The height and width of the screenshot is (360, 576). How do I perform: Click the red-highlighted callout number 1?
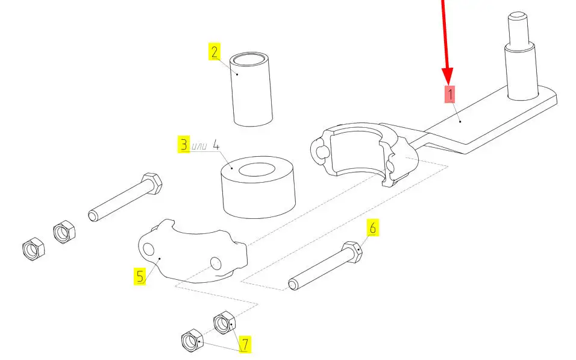tap(449, 94)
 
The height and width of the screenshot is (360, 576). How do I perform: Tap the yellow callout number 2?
tap(214, 51)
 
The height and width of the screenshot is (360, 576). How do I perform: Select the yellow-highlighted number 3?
tap(184, 144)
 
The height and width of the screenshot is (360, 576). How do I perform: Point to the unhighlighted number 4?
tap(216, 145)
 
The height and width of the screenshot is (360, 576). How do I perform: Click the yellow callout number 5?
tap(140, 276)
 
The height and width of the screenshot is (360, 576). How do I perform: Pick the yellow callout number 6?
tap(372, 227)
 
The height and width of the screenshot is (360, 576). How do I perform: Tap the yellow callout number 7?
tap(245, 344)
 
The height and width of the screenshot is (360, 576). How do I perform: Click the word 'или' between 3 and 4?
tap(200, 147)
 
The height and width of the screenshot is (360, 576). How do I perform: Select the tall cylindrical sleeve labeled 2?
tap(251, 89)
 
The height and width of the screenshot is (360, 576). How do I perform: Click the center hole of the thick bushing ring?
tap(257, 170)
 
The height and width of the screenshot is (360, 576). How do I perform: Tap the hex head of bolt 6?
tap(352, 252)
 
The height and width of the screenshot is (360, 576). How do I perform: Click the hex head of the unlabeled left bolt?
tap(152, 183)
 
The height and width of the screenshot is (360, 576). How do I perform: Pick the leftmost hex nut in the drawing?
tap(33, 248)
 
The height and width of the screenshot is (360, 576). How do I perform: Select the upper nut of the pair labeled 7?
tap(224, 323)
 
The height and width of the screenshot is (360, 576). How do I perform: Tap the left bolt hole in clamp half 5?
tap(148, 249)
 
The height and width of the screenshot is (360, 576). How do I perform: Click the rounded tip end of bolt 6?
tap(293, 285)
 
